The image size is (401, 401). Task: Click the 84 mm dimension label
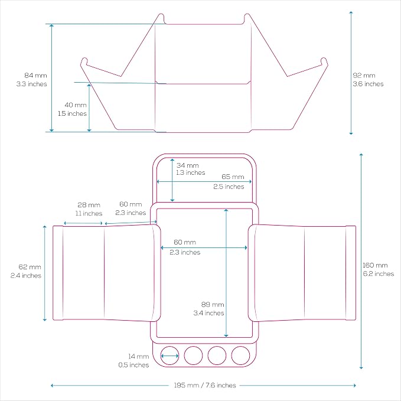(35, 76)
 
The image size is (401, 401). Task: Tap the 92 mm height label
(364, 76)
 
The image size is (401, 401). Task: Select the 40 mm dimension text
(76, 105)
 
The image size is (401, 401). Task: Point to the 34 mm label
(187, 165)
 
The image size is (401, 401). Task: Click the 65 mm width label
(233, 177)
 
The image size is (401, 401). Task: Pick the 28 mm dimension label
(89, 205)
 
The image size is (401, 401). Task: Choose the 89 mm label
(213, 304)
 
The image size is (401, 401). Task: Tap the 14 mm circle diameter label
(138, 356)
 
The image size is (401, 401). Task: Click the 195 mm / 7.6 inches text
(205, 385)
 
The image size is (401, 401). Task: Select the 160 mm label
(375, 265)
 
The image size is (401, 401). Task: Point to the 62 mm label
(30, 267)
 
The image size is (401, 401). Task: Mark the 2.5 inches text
(229, 187)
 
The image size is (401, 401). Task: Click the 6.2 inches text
(379, 273)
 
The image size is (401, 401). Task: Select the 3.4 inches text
(208, 313)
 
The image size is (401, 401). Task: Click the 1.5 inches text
(73, 113)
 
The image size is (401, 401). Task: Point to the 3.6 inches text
(369, 84)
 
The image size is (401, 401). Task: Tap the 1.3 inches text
(191, 172)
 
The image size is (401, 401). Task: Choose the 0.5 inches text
(133, 365)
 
